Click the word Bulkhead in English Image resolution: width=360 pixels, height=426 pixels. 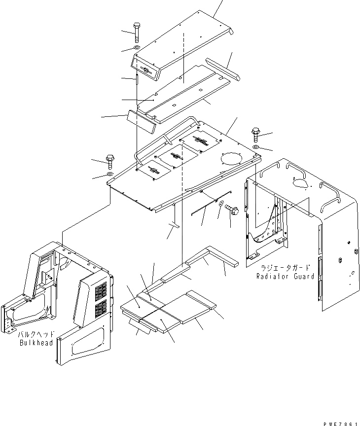36,343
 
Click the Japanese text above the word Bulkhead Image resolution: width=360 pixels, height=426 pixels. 36,334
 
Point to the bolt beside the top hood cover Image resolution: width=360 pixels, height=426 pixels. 137,33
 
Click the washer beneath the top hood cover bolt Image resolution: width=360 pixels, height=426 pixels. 137,48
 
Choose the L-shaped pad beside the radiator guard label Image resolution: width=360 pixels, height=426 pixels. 212,256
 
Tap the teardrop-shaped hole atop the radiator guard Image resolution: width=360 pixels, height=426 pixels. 301,183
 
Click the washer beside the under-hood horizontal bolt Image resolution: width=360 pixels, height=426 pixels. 221,204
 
